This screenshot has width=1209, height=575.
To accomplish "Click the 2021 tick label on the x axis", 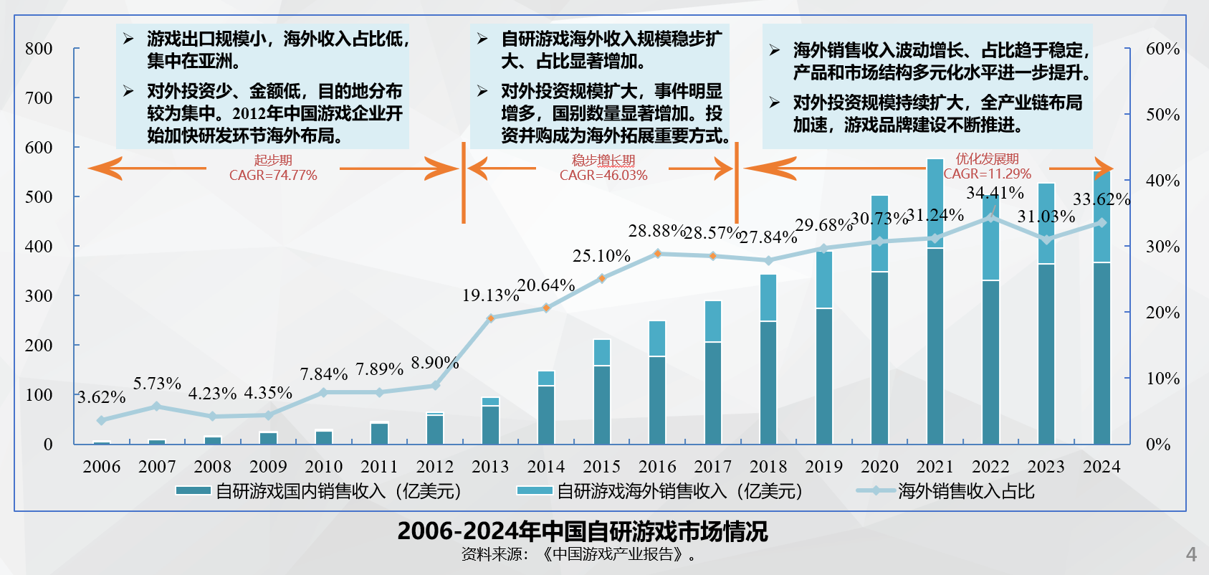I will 935,467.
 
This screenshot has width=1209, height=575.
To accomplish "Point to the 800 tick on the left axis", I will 39,49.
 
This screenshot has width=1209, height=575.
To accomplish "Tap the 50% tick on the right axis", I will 1162,115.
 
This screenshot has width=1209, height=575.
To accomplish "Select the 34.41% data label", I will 995,193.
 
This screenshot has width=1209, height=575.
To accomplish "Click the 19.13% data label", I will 490,295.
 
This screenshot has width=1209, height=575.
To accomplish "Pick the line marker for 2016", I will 657,254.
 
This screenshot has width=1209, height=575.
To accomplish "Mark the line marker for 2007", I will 157,407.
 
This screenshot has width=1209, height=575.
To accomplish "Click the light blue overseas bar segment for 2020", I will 879,233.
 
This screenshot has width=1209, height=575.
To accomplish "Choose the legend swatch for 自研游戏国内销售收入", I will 193,491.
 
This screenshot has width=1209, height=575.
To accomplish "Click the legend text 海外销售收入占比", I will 966,491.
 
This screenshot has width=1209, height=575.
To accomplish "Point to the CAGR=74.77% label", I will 273,176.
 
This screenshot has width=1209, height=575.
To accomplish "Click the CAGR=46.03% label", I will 603,176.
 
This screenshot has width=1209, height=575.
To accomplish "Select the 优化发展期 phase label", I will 987,159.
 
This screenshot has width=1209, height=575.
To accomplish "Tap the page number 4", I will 1191,554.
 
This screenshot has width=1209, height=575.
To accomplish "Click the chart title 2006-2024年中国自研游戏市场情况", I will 582,531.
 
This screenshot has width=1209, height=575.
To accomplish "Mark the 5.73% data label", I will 157,384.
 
